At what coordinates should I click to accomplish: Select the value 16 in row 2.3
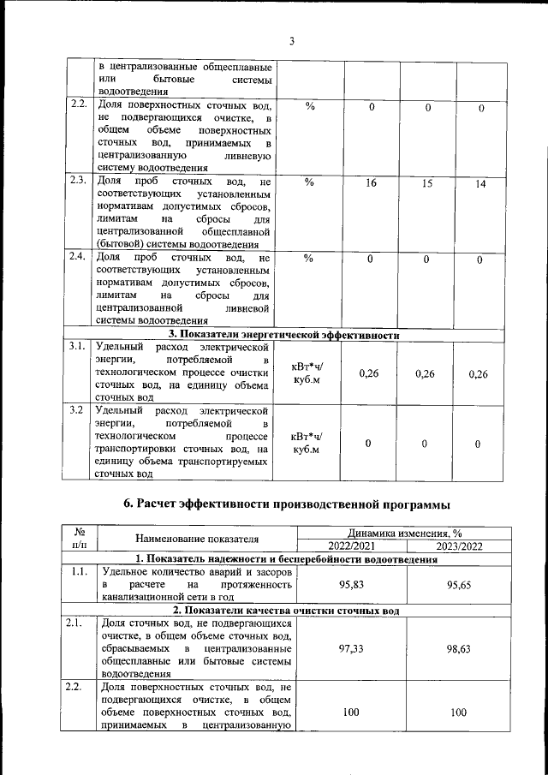pos(371,183)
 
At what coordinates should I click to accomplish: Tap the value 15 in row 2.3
pos(427,183)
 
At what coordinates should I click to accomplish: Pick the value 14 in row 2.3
pos(480,184)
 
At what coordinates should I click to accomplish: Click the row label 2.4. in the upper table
pos(78,257)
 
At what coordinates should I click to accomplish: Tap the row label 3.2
pos(77,409)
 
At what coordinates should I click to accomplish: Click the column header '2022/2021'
pos(351,545)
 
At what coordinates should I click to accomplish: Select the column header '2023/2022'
pos(462,545)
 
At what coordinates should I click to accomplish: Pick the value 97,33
pos(351,649)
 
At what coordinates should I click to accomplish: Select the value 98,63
pos(462,649)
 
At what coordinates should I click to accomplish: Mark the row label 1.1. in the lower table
pos(78,570)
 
